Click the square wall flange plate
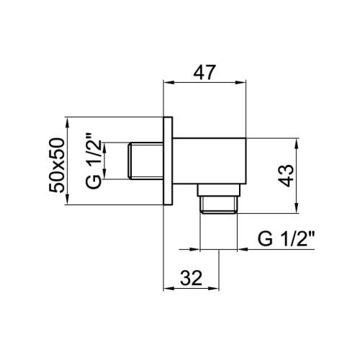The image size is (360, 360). pyautogui.click(x=168, y=161)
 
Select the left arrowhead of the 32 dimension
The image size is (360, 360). pyautogui.click(x=168, y=289)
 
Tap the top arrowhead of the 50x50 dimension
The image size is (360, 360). pyautogui.click(x=68, y=120)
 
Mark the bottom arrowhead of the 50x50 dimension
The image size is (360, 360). pyautogui.click(x=68, y=202)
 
